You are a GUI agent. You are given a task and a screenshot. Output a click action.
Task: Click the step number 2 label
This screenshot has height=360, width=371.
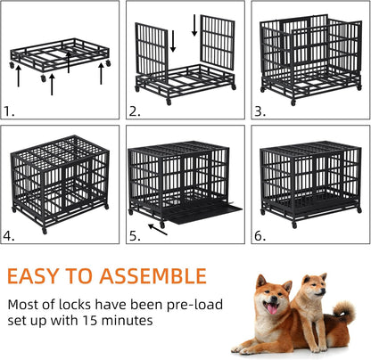click(x=135, y=111)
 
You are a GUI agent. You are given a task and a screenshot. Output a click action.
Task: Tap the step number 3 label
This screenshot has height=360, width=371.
click(x=260, y=111)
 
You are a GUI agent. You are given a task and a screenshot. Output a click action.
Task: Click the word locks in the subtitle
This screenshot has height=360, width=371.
click(x=93, y=303)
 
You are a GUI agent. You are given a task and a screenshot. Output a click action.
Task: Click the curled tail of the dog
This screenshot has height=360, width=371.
click(x=344, y=313)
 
